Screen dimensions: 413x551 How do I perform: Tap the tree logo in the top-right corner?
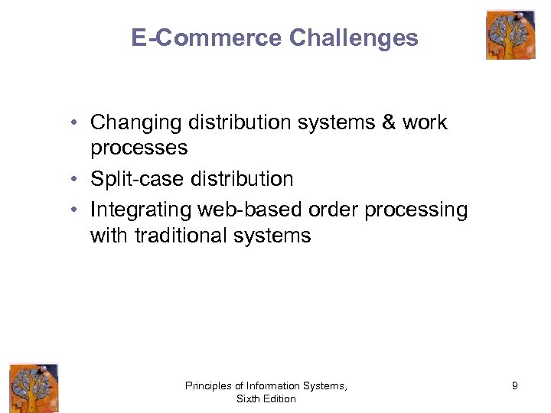510,34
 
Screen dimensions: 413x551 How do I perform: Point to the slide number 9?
515,386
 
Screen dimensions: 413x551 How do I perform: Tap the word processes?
139,147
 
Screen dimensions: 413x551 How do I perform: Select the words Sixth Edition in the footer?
266,399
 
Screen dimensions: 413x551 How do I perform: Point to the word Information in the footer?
279,386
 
